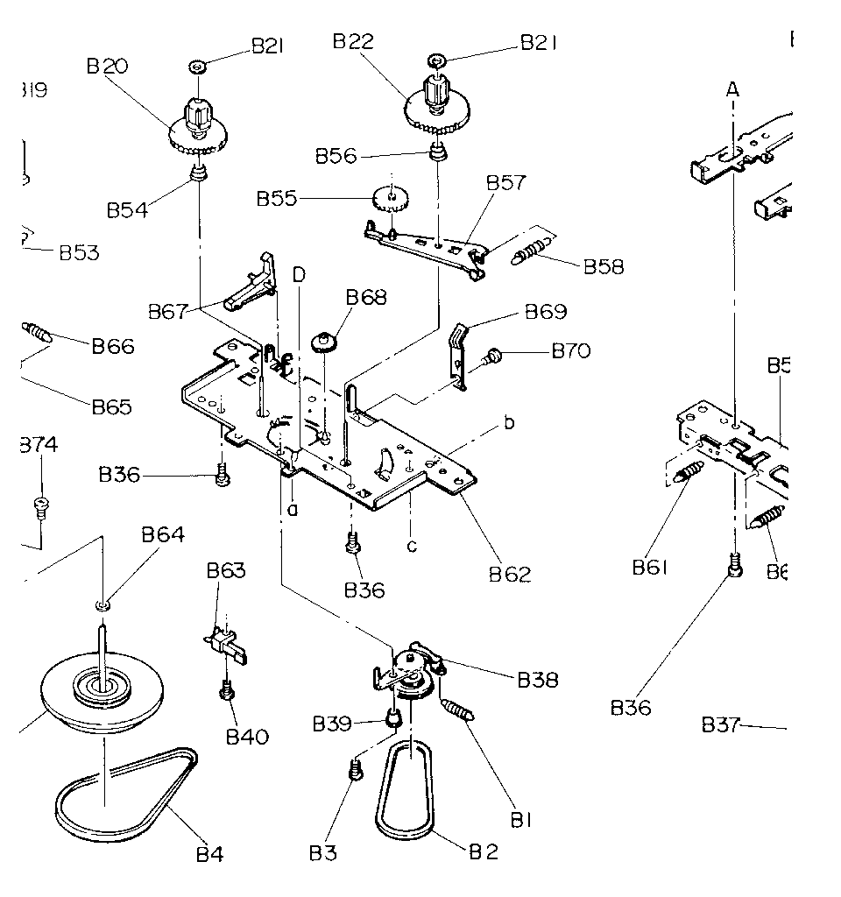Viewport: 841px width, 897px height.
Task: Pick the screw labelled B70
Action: pos(493,355)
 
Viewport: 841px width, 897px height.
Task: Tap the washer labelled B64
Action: pos(103,604)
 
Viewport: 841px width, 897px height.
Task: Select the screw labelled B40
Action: pos(226,692)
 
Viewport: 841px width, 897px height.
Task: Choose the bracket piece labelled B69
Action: pos(458,355)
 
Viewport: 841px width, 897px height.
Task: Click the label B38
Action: pos(537,679)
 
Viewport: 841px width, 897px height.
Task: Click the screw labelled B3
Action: pos(356,770)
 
